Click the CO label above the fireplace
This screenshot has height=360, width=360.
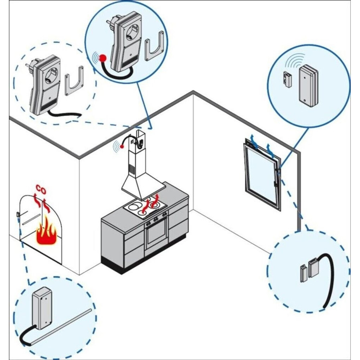(x=40, y=188)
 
